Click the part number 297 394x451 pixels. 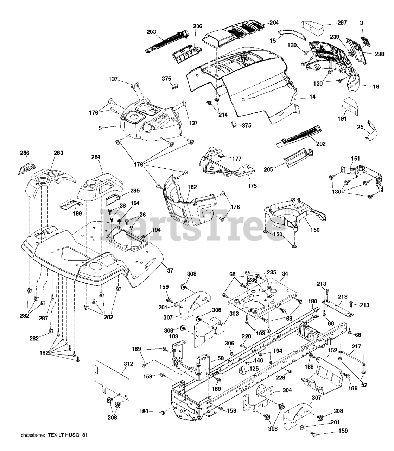coord(342,23)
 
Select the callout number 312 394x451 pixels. coord(128,364)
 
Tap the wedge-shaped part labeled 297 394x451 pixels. coord(312,28)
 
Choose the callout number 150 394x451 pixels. coord(315,230)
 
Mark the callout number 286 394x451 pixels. coord(25,153)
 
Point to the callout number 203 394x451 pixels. coord(151,32)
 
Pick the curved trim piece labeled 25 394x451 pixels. coord(371,131)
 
